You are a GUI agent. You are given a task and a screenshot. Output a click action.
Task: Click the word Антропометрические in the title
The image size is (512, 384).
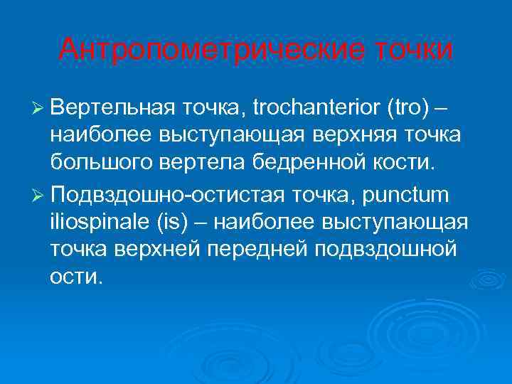tap(209, 49)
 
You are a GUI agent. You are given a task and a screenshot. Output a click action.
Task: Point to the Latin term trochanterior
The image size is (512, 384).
tap(316, 109)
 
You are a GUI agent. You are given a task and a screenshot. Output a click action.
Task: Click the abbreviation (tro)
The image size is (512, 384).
tap(407, 109)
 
